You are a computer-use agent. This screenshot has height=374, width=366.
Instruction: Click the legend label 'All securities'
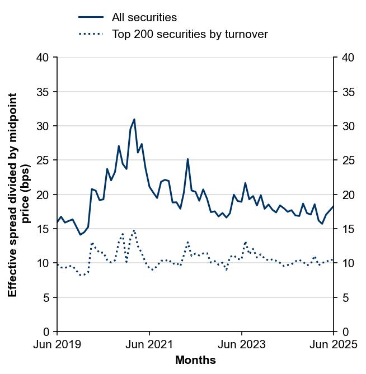[x=144, y=18]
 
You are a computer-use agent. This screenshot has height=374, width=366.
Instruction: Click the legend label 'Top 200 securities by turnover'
[x=190, y=35]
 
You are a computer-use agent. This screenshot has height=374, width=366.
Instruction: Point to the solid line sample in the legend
[x=91, y=18]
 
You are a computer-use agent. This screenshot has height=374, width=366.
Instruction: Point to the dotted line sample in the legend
[x=91, y=35]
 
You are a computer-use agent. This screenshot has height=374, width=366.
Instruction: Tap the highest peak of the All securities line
[x=134, y=119]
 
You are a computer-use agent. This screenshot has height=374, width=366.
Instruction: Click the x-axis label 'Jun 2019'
[x=57, y=345]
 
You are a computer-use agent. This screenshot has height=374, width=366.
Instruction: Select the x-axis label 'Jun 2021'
[x=149, y=345]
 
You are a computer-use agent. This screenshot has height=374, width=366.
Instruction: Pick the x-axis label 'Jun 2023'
[x=242, y=345]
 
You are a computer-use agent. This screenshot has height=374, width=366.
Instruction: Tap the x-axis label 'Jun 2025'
[x=334, y=345]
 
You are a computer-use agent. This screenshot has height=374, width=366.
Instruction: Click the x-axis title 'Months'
[x=195, y=361]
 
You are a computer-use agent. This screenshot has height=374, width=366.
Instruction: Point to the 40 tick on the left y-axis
[x=43, y=58]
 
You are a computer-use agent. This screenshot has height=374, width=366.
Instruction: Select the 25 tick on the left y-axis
[x=43, y=160]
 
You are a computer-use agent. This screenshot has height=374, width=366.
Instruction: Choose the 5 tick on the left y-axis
[x=46, y=297]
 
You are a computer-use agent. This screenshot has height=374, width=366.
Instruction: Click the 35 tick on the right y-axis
[x=348, y=92]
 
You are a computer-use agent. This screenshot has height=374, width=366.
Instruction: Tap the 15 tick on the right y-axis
[x=348, y=229]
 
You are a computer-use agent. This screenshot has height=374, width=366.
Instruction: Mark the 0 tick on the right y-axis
[x=344, y=332]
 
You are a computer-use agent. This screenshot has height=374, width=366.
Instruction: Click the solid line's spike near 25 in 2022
[x=188, y=159]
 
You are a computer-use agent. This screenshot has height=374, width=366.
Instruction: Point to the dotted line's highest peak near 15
[x=134, y=230]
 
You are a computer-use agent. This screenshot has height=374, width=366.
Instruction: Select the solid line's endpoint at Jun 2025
[x=334, y=206]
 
